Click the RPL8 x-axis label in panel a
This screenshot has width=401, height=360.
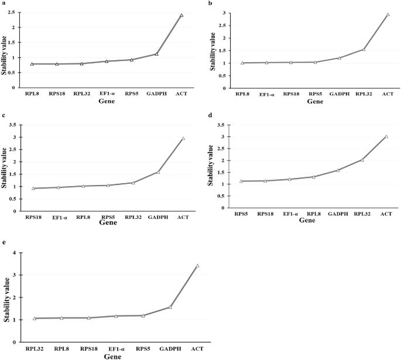point(32,93)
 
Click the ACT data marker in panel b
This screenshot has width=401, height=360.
point(388,15)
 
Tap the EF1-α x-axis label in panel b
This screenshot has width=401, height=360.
point(266,94)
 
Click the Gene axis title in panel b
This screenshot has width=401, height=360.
point(314,101)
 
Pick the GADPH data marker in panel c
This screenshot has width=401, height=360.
point(158,172)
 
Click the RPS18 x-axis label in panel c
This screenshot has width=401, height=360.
point(33,217)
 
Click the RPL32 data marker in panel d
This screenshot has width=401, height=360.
point(362,159)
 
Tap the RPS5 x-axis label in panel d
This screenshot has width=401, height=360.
point(241,214)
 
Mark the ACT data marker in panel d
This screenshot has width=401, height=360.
point(386,136)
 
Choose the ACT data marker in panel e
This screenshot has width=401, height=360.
point(197,266)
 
